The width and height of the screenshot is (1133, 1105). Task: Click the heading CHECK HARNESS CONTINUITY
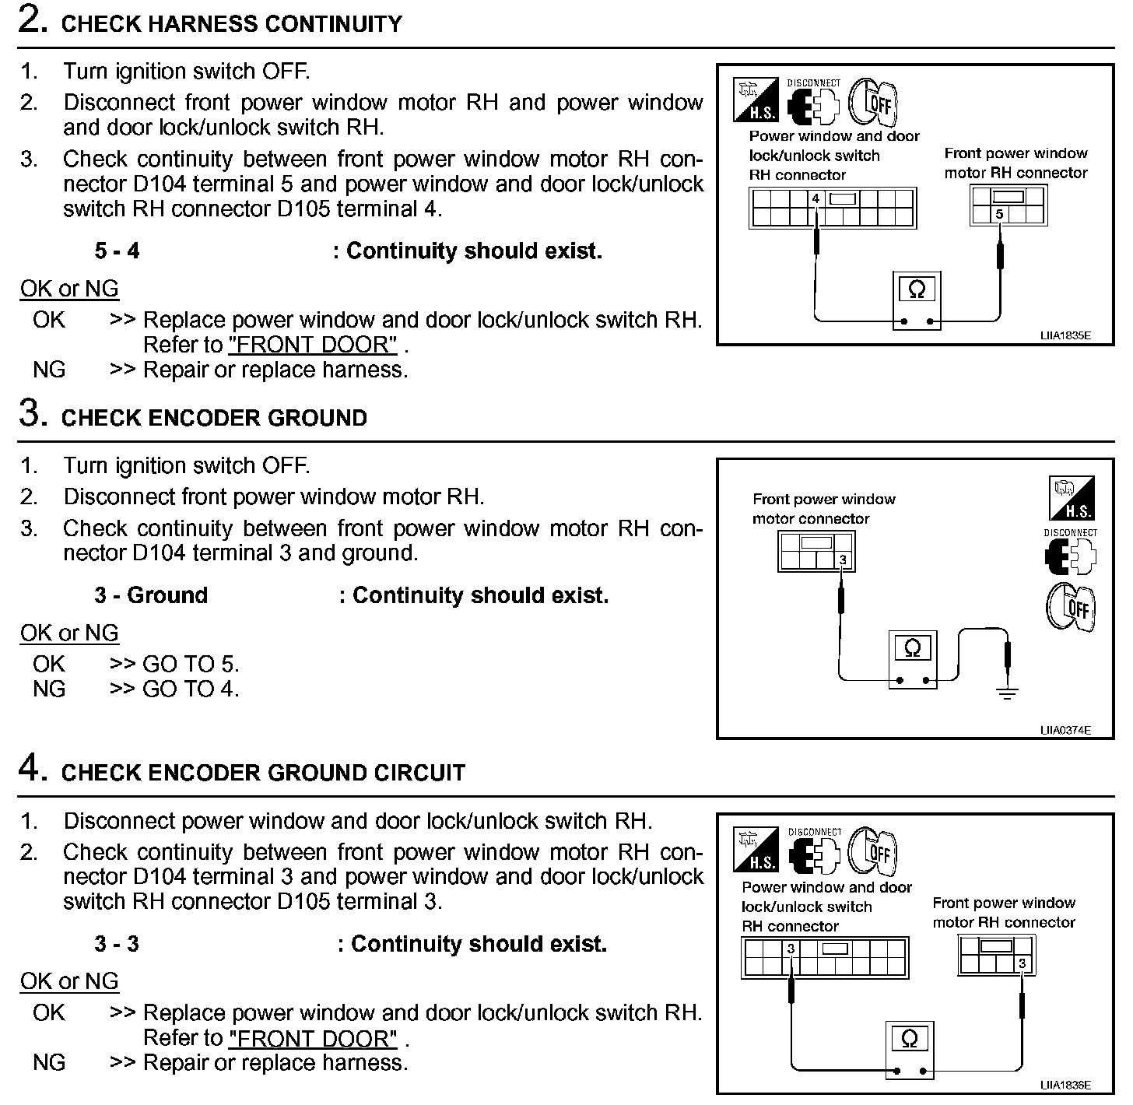pos(231,24)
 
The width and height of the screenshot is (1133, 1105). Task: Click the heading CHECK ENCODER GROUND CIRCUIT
pos(262,773)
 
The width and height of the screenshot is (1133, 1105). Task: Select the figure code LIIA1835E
pos(1065,336)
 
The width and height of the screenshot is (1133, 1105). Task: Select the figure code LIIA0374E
pos(1065,730)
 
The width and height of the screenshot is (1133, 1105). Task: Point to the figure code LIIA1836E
pos(1065,1085)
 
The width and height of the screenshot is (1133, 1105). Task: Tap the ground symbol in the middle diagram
pos(1008,692)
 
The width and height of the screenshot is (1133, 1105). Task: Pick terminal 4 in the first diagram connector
pos(816,199)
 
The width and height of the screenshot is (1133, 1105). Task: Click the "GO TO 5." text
pos(191,664)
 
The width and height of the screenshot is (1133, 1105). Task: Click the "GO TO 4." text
pos(191,689)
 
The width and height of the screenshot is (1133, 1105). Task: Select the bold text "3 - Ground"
pos(151,595)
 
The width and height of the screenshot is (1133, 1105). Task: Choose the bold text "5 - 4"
pos(117,251)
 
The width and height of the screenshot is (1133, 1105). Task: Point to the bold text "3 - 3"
pos(117,944)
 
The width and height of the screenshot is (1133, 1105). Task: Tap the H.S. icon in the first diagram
pos(755,100)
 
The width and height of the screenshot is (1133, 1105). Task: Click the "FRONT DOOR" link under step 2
pos(313,345)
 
